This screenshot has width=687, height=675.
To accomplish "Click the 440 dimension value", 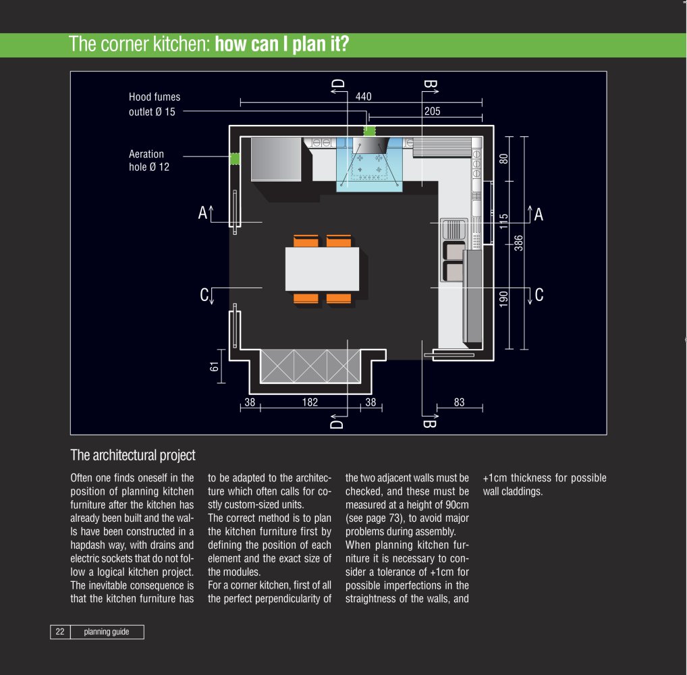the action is click(x=363, y=97).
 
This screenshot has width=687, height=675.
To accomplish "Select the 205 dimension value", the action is click(x=432, y=111).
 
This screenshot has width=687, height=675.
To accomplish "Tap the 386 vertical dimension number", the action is click(x=518, y=243).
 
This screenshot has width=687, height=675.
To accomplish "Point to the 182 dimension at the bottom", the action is click(x=310, y=402).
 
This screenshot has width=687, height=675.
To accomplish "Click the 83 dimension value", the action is click(x=459, y=402).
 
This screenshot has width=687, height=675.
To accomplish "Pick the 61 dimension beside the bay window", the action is click(x=214, y=367).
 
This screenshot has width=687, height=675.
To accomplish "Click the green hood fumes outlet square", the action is click(x=369, y=131).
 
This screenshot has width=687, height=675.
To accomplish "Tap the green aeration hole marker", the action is click(x=235, y=159).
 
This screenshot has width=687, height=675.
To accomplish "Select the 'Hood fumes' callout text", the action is click(x=155, y=97).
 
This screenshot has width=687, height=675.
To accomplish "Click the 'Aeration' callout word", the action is click(x=146, y=154).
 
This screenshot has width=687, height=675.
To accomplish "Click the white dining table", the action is click(x=322, y=269).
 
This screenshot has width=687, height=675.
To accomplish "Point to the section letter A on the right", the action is click(x=539, y=215).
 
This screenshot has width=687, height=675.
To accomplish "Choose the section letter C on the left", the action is click(x=204, y=294).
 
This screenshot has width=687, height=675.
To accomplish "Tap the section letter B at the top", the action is click(x=430, y=84).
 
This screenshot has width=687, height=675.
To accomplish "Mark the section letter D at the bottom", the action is click(x=337, y=424).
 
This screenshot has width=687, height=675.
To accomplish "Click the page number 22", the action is click(x=60, y=632).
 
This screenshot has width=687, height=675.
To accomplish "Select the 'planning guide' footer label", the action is click(x=107, y=632).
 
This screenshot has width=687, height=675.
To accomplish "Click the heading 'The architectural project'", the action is click(x=133, y=455).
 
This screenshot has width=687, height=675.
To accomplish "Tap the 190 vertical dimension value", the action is click(x=504, y=298).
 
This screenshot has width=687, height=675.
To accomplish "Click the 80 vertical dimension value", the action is click(x=504, y=159).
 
